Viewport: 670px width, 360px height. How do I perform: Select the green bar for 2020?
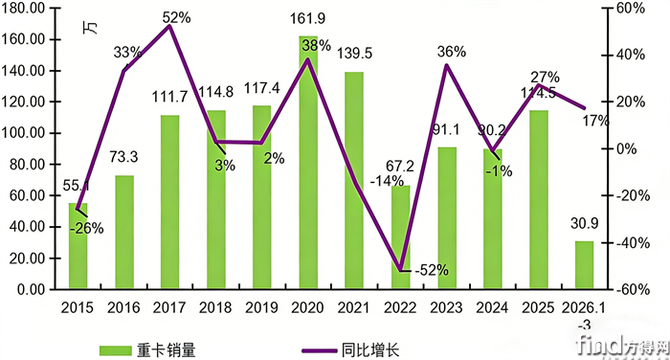(x=308, y=163)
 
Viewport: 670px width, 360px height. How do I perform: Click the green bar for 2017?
(x=169, y=202)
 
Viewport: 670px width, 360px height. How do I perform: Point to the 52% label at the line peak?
(x=174, y=16)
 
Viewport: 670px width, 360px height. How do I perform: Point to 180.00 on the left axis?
(x=31, y=9)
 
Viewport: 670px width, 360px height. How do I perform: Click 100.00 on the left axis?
(x=31, y=133)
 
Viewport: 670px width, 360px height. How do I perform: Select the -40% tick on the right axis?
(x=629, y=243)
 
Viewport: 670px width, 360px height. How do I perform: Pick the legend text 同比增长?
(x=369, y=349)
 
